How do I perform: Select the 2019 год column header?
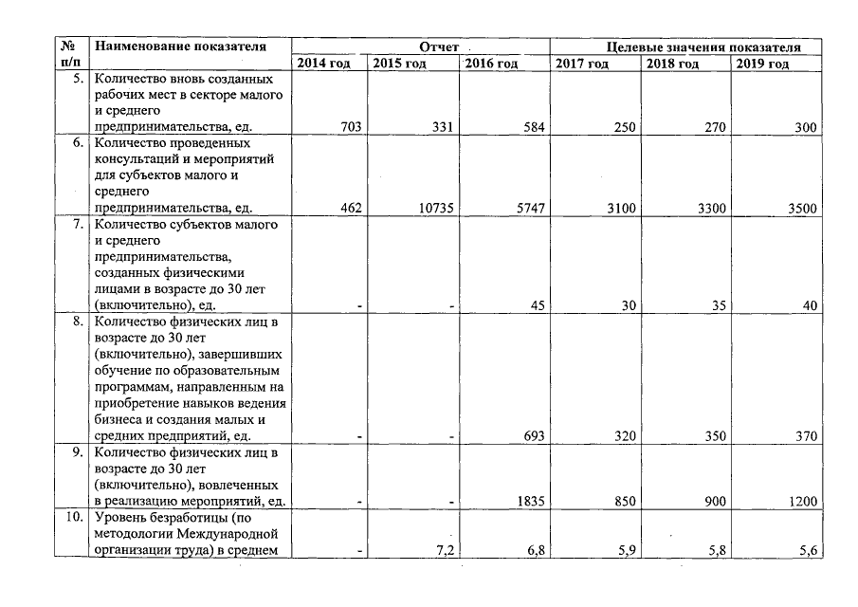761,64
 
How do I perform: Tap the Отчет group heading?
439,46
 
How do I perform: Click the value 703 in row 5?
350,127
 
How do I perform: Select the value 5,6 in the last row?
808,550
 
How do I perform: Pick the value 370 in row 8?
806,436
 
